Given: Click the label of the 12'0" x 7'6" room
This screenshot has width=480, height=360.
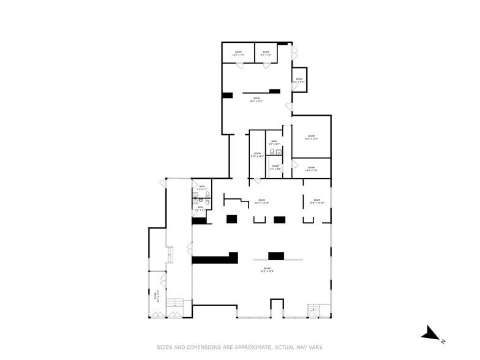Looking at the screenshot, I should tap(238, 53).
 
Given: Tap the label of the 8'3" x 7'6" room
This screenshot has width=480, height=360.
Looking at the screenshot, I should tap(266, 53).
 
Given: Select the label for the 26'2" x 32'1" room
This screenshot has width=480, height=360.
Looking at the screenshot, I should tap(257, 100).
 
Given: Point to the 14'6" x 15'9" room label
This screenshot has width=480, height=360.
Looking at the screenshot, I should tap(311, 137).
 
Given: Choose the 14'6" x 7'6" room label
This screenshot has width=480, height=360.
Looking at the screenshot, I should tap(311, 168).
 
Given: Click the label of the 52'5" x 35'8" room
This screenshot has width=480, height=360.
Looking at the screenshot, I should tap(268, 269).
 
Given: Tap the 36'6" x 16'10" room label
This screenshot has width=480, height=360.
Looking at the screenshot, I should tap(261, 201).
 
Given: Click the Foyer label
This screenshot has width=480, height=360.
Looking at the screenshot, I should tap(157, 296).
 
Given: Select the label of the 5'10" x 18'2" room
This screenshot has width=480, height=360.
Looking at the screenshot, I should tap(257, 156).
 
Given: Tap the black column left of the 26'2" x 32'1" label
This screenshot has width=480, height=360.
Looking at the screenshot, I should tap(228, 95).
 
